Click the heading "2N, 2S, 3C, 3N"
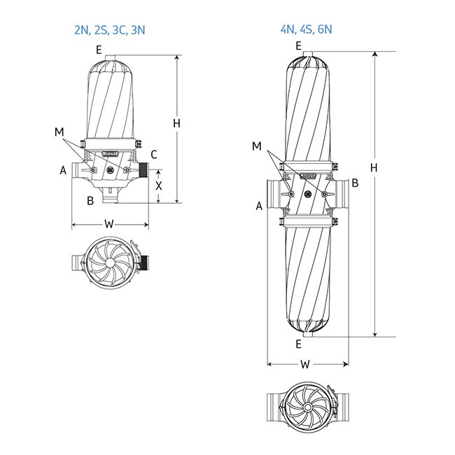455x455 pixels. [x=110, y=29]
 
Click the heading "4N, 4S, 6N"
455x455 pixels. [x=307, y=29]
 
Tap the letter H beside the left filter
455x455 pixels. [x=177, y=123]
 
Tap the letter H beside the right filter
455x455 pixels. [x=374, y=168]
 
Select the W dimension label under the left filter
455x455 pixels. [x=109, y=225]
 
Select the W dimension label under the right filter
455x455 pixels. [x=305, y=364]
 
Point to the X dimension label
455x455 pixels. [x=159, y=186]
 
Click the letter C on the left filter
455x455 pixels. [x=154, y=155]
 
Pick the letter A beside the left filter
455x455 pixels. [x=63, y=170]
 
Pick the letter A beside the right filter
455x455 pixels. [x=259, y=206]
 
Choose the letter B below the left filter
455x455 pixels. [x=90, y=202]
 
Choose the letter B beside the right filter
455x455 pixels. [x=355, y=183]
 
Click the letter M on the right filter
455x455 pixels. [x=256, y=146]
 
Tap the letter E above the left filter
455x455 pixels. [x=99, y=49]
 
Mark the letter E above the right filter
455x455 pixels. [x=299, y=46]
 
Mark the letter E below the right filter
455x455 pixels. [x=299, y=344]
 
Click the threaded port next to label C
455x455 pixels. [x=146, y=170]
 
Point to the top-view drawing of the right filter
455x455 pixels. [x=307, y=405]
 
